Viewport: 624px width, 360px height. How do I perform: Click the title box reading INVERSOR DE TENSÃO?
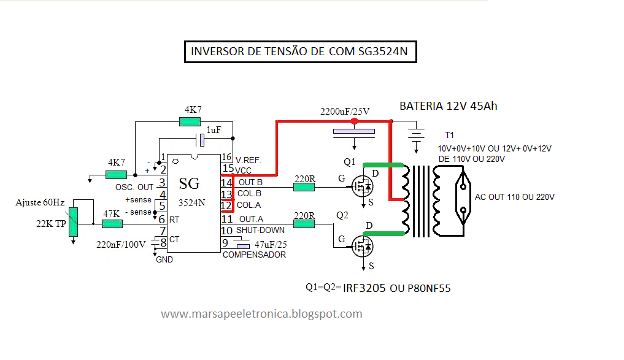[x=301, y=52]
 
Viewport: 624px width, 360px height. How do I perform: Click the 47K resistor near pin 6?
[x=112, y=224]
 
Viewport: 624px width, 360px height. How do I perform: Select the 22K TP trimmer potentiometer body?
[x=73, y=222]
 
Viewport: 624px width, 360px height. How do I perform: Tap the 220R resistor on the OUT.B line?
[x=304, y=187]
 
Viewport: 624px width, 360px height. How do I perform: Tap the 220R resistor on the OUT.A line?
[x=304, y=224]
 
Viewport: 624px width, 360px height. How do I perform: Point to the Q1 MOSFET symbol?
[x=363, y=186]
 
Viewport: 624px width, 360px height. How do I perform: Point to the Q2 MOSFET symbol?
[x=363, y=247]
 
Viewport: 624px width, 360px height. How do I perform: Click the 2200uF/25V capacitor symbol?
[x=354, y=134]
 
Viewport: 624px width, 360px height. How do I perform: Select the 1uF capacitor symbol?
[x=200, y=140]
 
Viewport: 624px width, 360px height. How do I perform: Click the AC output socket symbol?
[x=463, y=197]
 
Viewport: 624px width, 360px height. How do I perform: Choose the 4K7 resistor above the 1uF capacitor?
[x=190, y=121]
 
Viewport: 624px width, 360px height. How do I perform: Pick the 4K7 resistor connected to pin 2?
[x=116, y=175]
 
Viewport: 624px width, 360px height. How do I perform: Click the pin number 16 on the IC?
[x=226, y=157]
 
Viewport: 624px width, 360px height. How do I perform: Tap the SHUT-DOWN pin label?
[x=260, y=231]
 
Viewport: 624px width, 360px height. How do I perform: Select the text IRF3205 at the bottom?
[x=364, y=288]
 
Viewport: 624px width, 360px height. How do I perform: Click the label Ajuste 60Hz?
[x=40, y=202]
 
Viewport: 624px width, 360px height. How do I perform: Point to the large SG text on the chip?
[x=189, y=183]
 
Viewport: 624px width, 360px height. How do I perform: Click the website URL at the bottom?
[x=261, y=314]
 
